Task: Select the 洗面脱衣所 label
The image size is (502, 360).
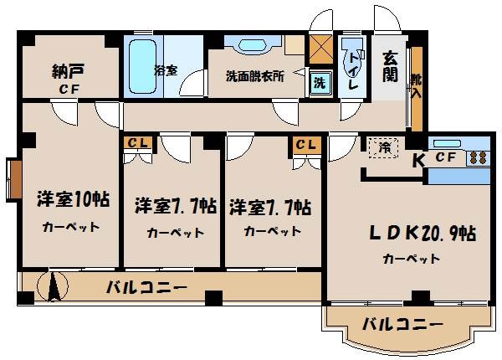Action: click(x=255, y=75)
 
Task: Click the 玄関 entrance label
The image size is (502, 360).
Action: click(x=390, y=65)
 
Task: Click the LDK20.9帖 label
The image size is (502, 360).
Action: click(x=410, y=234)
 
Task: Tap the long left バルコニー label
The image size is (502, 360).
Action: click(x=146, y=288)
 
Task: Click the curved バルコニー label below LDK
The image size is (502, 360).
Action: click(x=402, y=326)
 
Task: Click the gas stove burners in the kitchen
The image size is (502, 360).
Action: click(x=478, y=157)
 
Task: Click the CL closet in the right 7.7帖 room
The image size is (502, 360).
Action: click(x=306, y=144)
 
